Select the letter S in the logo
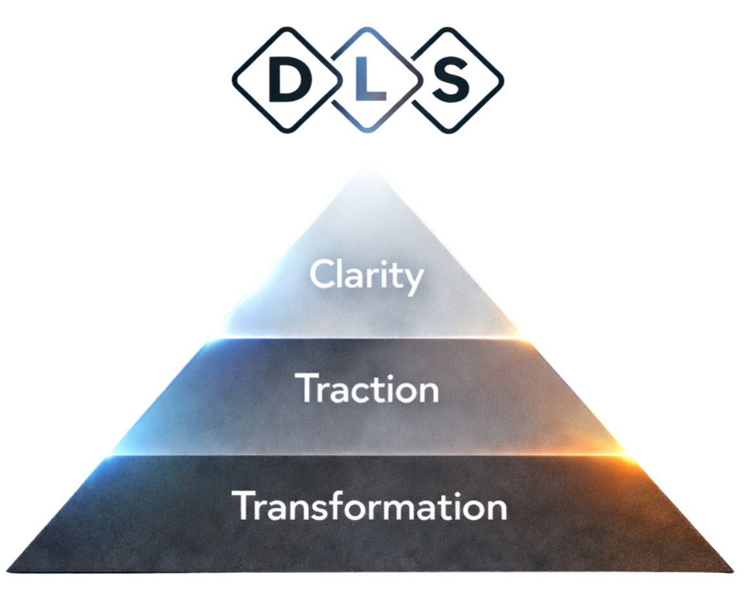pos(450,81)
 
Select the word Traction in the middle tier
pos(367,389)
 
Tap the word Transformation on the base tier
pos(369,506)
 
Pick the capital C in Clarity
pos(320,275)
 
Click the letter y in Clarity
pos(415,280)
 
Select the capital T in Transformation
pos(244,506)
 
